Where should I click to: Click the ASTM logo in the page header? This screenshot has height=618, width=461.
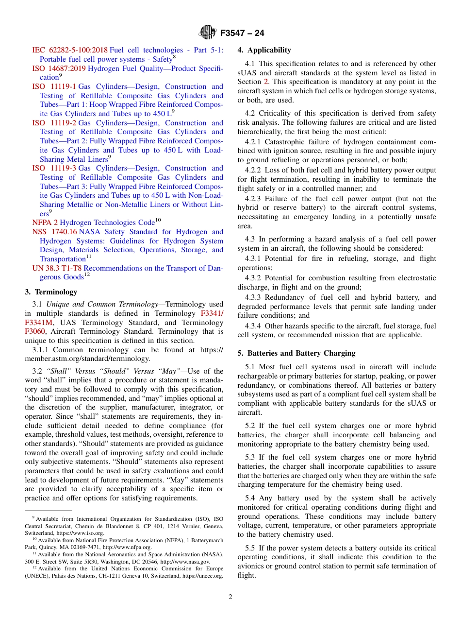[208, 33]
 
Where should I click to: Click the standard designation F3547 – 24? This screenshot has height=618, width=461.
[242, 34]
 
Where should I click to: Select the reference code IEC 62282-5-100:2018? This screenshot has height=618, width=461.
[70, 50]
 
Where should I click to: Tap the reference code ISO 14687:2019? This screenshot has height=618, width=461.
[59, 69]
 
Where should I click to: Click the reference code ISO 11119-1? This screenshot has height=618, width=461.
[54, 86]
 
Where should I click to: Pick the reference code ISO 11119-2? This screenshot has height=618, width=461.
[54, 123]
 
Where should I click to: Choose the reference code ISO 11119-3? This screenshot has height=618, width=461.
[54, 168]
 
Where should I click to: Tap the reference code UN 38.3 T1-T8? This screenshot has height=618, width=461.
[57, 268]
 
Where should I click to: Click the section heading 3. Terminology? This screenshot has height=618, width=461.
[51, 292]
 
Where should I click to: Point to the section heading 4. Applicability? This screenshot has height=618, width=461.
[264, 50]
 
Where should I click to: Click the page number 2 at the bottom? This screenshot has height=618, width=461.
[230, 597]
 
